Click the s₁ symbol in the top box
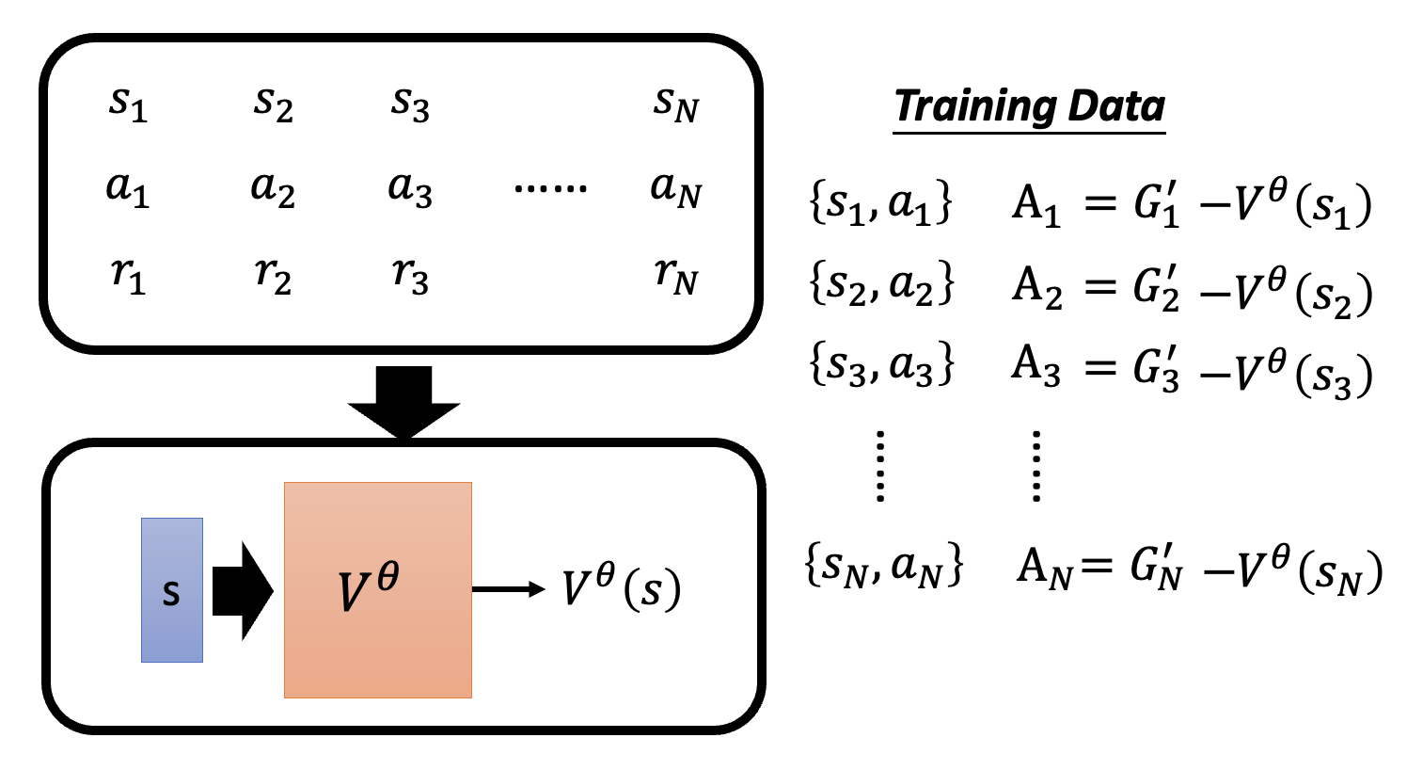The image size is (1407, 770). pyautogui.click(x=128, y=104)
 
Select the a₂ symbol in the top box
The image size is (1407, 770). pyautogui.click(x=273, y=189)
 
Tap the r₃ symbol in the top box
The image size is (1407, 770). pyautogui.click(x=410, y=276)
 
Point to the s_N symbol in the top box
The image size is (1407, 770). pyautogui.click(x=676, y=104)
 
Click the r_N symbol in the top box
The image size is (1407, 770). pyautogui.click(x=676, y=276)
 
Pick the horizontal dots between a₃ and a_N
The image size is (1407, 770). pyautogui.click(x=550, y=188)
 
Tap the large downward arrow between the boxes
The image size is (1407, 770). pyautogui.click(x=403, y=402)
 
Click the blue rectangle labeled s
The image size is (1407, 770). pyautogui.click(x=172, y=590)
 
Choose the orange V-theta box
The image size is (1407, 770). pyautogui.click(x=378, y=590)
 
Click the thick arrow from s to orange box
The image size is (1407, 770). pyautogui.click(x=243, y=591)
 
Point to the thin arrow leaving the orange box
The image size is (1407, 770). pyautogui.click(x=509, y=589)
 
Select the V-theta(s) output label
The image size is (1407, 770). pyautogui.click(x=621, y=587)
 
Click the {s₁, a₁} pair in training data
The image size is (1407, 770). pyautogui.click(x=880, y=202)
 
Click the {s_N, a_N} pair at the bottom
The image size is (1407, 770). pyautogui.click(x=883, y=565)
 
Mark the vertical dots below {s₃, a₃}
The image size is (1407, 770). pyautogui.click(x=880, y=466)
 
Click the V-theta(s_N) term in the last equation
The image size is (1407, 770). pyautogui.click(x=1309, y=571)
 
